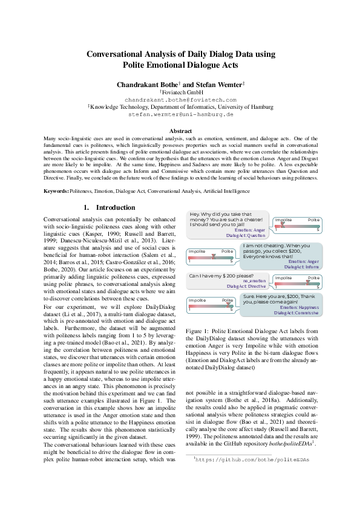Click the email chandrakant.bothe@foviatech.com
pyautogui.click(x=180, y=99)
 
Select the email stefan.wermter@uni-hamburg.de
pyautogui.click(x=180, y=114)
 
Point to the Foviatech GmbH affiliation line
pyautogui.click(x=180, y=92)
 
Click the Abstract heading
pyautogui.click(x=180, y=131)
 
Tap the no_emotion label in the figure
pyautogui.click(x=254, y=281)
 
